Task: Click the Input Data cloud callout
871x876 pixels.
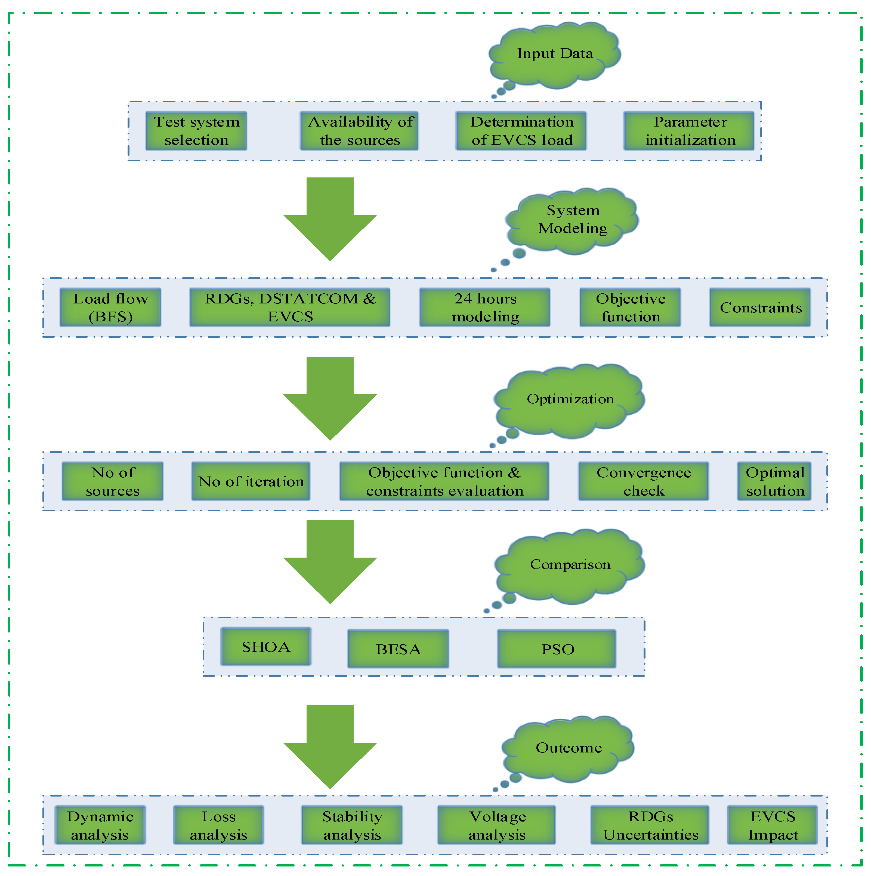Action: click(555, 54)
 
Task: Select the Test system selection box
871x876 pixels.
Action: click(196, 131)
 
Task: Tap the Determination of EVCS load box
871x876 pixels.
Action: click(521, 131)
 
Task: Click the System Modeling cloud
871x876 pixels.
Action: click(573, 220)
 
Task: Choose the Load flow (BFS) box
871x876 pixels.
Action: click(110, 308)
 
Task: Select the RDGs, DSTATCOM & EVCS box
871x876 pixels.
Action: click(290, 308)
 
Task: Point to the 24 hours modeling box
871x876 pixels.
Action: click(485, 308)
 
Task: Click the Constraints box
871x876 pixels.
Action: click(760, 308)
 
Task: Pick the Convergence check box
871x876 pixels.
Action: click(644, 481)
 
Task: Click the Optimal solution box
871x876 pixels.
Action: click(774, 481)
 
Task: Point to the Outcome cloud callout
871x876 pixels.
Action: click(569, 748)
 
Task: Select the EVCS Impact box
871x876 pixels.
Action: click(773, 825)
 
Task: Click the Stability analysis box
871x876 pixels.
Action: click(352, 825)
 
